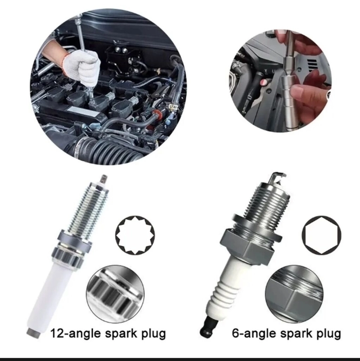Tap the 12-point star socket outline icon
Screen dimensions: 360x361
(x=135, y=235)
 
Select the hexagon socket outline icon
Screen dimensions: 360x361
(x=321, y=235)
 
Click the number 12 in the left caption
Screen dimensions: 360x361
(x=56, y=333)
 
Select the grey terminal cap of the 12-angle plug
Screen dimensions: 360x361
(x=33, y=333)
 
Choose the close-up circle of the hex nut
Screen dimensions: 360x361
(x=294, y=294)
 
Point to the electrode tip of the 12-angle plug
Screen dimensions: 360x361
(x=104, y=179)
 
